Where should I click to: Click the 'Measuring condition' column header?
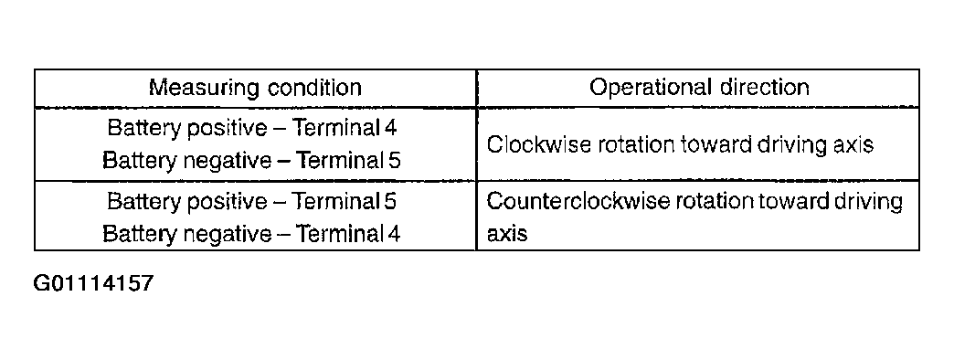click(255, 88)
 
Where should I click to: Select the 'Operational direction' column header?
click(699, 88)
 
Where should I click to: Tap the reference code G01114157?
click(93, 283)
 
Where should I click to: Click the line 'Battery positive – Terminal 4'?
click(252, 127)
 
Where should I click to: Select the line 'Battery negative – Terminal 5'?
click(252, 161)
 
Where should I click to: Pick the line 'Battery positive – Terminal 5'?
click(252, 200)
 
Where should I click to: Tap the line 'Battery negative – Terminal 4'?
click(252, 234)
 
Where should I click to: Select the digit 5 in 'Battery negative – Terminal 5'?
click(395, 161)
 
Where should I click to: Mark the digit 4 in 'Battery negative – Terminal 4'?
click(395, 234)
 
